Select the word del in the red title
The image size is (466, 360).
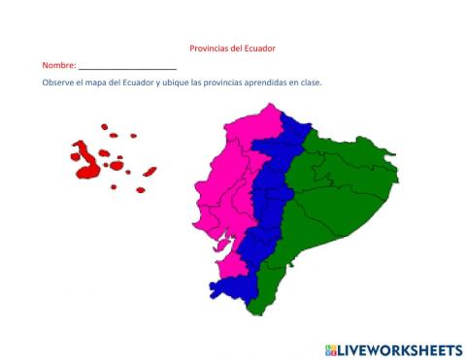[237, 48]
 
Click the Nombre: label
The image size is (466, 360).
[59, 65]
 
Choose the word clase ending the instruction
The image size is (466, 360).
[311, 82]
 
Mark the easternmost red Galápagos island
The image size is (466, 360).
[150, 172]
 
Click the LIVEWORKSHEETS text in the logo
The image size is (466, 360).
[399, 348]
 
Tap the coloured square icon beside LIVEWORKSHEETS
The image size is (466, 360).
[331, 348]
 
